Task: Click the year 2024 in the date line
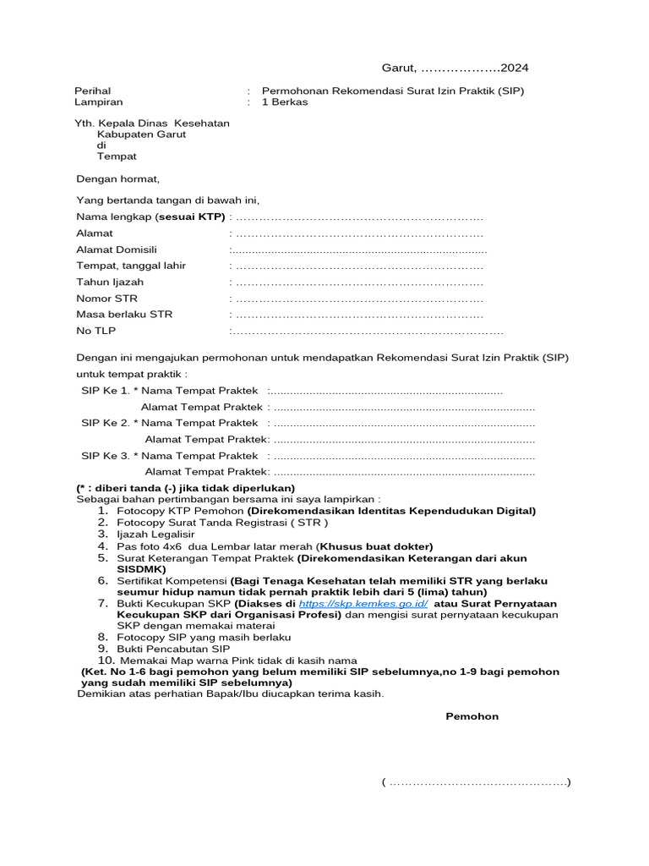[x=515, y=68]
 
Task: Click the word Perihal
[x=93, y=90]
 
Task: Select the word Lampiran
[x=98, y=102]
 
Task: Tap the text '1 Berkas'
[x=285, y=102]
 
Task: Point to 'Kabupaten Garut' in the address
[x=141, y=134]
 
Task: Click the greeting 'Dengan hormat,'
[x=117, y=178]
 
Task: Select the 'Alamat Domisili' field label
[x=117, y=249]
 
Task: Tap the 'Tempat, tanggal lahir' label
[x=131, y=266]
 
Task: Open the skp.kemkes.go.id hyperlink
[x=363, y=605]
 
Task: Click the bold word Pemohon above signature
[x=472, y=716]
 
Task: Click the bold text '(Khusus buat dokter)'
[x=374, y=546]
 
